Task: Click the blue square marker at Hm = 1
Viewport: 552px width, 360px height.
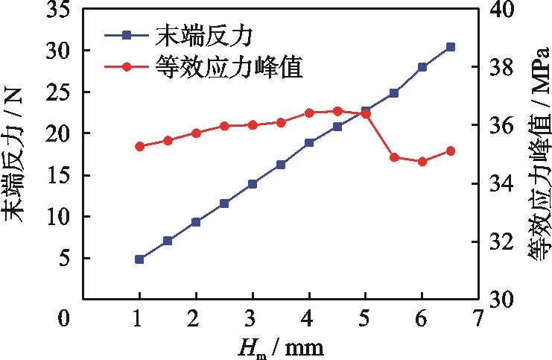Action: click(139, 259)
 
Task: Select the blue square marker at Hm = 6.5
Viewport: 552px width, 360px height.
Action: click(451, 47)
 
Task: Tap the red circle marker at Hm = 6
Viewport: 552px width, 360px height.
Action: click(422, 161)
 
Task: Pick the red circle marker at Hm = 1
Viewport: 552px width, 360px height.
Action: click(139, 146)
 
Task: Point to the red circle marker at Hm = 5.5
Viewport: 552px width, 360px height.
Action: click(394, 157)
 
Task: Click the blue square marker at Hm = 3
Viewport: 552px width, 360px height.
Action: click(253, 183)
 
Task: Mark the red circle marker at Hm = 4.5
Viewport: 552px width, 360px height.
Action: click(337, 111)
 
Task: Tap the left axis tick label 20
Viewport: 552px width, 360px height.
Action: click(57, 133)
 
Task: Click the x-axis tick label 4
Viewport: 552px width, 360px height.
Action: click(309, 319)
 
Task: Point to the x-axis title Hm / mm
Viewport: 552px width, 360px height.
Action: click(281, 347)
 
